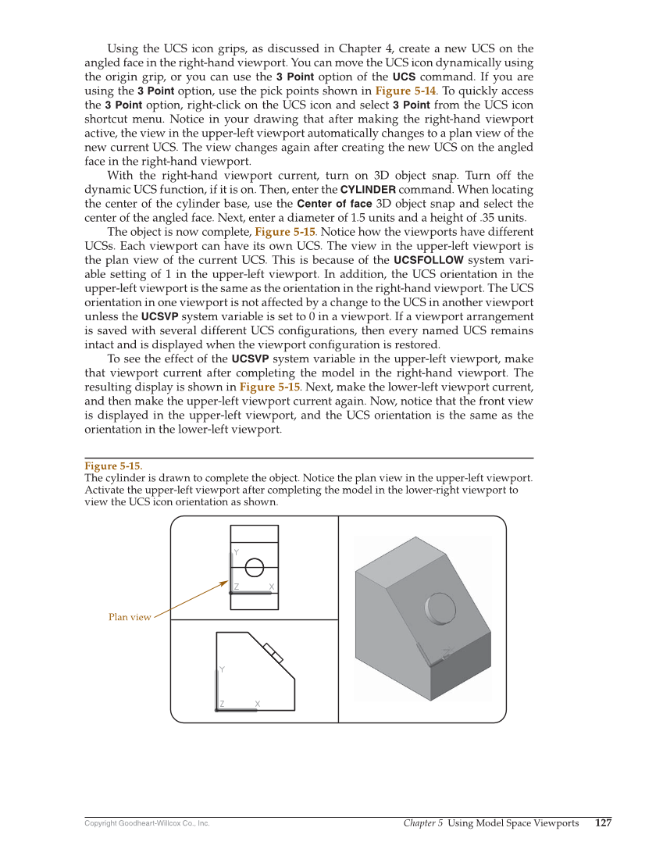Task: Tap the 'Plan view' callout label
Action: coord(130,618)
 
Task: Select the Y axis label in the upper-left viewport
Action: coord(236,551)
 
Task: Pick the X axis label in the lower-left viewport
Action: coord(257,705)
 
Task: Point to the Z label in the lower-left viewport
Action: coord(222,705)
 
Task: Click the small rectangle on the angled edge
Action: coord(273,652)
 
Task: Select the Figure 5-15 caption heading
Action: coord(113,466)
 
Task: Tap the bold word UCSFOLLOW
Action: coord(428,260)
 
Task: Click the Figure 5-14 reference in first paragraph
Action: coord(405,91)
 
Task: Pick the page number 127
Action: coord(603,823)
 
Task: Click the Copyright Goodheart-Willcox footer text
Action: coord(147,824)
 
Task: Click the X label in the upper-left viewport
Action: coord(271,587)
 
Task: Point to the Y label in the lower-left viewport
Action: coord(223,670)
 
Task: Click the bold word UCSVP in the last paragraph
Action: coord(250,359)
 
